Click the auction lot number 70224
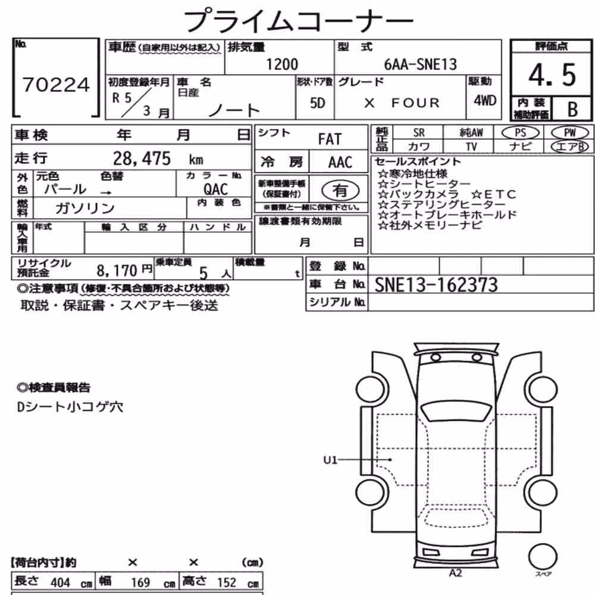[56, 84]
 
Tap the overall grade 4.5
[552, 75]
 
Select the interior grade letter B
[572, 109]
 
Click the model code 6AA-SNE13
[421, 64]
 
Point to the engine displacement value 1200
[282, 64]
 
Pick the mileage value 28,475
[142, 159]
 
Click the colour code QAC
[215, 189]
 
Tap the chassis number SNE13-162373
[436, 285]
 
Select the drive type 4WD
[485, 101]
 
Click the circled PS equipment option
[520, 133]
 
